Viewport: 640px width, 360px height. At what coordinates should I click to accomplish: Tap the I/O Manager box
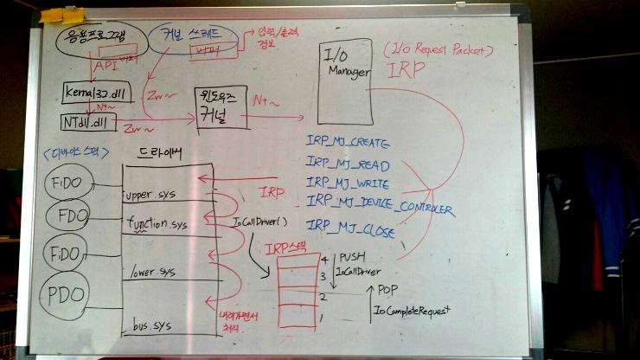344,82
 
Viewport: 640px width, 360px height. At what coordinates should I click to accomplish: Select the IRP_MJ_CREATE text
349,142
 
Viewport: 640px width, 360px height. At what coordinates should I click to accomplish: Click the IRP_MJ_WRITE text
347,183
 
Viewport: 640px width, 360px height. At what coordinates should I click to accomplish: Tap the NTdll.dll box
89,121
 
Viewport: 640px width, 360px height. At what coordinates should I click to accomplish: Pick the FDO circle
67,214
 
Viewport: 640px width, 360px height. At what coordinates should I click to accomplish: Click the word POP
391,292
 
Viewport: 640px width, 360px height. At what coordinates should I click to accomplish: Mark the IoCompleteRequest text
413,309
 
